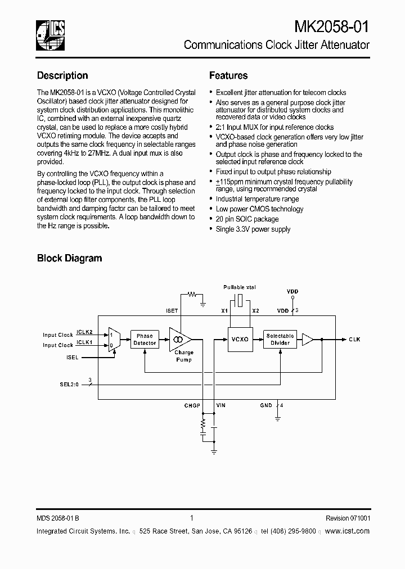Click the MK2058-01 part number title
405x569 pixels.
coord(332,26)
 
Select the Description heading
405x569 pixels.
coord(62,75)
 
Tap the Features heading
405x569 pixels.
coord(228,75)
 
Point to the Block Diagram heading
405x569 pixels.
coord(69,258)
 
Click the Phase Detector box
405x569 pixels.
coord(145,339)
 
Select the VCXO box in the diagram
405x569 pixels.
coord(240,339)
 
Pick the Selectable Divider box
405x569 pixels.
coord(280,339)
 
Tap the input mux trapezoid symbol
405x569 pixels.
coord(114,340)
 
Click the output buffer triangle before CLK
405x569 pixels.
coord(307,339)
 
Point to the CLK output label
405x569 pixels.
coord(354,340)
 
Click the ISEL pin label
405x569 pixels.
coord(72,357)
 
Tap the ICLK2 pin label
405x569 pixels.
coord(84,332)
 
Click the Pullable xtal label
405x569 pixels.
coord(240,287)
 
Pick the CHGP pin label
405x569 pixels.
coord(193,405)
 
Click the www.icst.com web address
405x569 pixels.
coord(347,531)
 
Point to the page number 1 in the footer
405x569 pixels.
coord(192,518)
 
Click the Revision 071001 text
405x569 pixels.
coord(348,518)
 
